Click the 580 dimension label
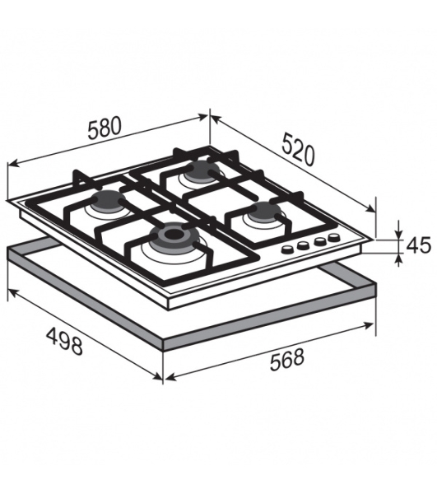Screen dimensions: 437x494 coord(105,128)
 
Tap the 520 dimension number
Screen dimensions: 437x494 coord(298,149)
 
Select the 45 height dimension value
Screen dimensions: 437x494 coord(418,245)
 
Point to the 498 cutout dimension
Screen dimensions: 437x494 coord(64,341)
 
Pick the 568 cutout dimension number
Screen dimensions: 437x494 coord(287,360)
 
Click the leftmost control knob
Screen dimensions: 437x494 coord(287,249)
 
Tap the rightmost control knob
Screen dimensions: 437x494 coord(333,237)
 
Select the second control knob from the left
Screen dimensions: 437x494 coord(303,245)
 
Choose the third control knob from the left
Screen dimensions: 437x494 coord(319,241)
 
